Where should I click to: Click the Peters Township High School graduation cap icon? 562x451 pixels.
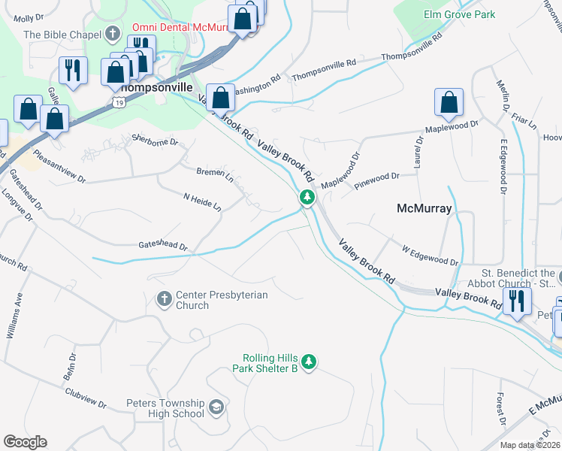coord(216,407)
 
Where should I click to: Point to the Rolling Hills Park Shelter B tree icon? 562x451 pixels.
coord(308,362)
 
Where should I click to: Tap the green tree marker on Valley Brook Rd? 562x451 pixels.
coord(307,198)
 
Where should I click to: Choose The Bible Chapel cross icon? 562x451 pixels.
coord(113,34)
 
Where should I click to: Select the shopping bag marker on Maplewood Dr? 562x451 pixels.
coord(449,104)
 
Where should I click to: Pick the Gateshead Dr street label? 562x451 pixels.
coord(162,246)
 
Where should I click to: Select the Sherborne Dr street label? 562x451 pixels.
coord(154,140)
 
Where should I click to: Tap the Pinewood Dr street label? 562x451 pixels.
coord(376,179)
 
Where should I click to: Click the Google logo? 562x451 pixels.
coord(25,442)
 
